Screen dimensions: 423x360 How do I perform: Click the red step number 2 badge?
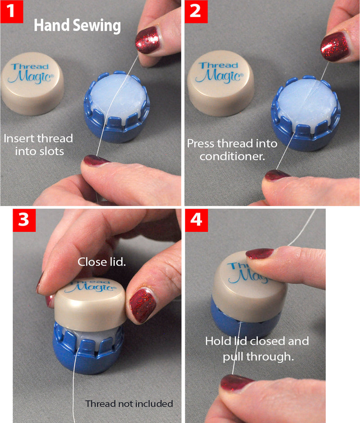(195, 11)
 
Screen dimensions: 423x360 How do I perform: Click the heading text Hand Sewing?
(77, 26)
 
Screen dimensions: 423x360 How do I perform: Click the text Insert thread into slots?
(38, 144)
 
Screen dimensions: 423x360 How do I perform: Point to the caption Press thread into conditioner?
(232, 150)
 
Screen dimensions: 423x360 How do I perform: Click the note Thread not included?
(129, 404)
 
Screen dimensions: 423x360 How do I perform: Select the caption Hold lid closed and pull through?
(257, 348)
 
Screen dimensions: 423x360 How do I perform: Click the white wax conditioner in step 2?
(305, 101)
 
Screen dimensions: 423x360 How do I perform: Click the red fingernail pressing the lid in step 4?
(259, 254)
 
